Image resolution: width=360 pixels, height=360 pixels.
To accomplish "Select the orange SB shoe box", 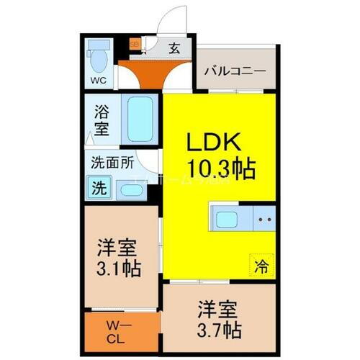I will tap(134, 44).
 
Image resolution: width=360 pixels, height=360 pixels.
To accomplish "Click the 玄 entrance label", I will tap(175, 50).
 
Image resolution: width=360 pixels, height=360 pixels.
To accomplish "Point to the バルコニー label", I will tap(235, 72).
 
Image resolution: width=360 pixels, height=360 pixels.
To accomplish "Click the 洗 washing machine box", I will tap(99, 189).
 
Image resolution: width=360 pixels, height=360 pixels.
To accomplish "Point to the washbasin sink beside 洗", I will tap(130, 191).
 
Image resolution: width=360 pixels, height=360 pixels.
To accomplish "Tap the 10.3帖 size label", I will tap(220, 169).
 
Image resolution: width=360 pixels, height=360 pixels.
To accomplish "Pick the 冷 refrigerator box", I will tap(261, 266).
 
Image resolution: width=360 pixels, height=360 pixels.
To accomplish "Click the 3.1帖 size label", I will tap(118, 269).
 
